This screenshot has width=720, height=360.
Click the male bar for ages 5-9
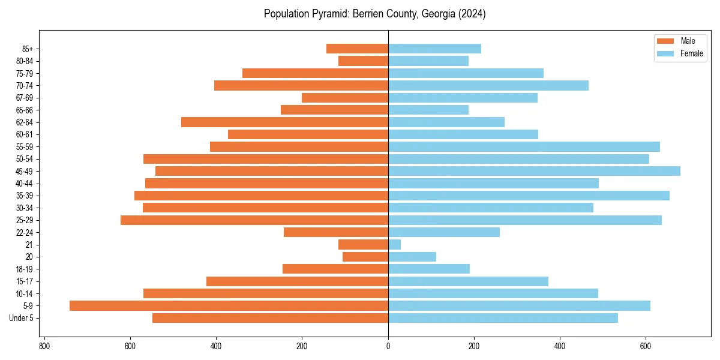pyautogui.click(x=229, y=305)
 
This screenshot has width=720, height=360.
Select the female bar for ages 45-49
pyautogui.click(x=534, y=171)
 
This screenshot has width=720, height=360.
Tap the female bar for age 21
pyautogui.click(x=394, y=244)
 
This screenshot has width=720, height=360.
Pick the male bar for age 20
pyautogui.click(x=365, y=257)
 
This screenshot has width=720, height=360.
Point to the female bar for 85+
pyautogui.click(x=434, y=49)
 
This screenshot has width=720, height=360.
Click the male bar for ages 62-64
pyautogui.click(x=284, y=122)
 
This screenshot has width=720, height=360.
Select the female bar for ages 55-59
pyautogui.click(x=524, y=146)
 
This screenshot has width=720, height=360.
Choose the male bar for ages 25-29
pyautogui.click(x=254, y=220)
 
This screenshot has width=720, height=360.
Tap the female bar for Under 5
pyautogui.click(x=503, y=318)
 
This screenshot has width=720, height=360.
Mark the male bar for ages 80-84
pyautogui.click(x=363, y=61)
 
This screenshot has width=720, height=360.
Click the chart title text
pyautogui.click(x=374, y=14)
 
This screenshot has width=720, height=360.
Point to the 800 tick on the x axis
pyautogui.click(x=44, y=346)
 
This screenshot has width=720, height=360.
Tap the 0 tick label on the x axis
pyautogui.click(x=388, y=346)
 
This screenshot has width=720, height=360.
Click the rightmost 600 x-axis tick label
pyautogui.click(x=646, y=346)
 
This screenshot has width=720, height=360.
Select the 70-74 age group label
pyautogui.click(x=25, y=85)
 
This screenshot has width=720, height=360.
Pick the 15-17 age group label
pyautogui.click(x=25, y=281)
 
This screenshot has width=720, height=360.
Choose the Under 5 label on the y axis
pyautogui.click(x=22, y=318)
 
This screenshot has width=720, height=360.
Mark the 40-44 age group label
pyautogui.click(x=25, y=184)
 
